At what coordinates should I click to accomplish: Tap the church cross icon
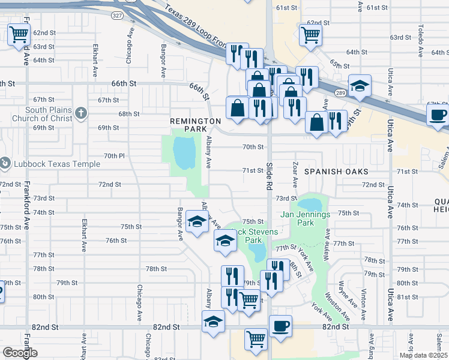coord(82,112)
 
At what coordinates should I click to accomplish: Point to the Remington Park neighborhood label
coord(196,125)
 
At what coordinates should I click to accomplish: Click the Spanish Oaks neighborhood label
coord(336,172)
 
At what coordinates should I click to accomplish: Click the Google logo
coord(20,353)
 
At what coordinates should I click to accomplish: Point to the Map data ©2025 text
coord(423,355)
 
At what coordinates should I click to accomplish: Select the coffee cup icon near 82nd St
coord(280,326)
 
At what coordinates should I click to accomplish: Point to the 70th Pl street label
coord(113,156)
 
